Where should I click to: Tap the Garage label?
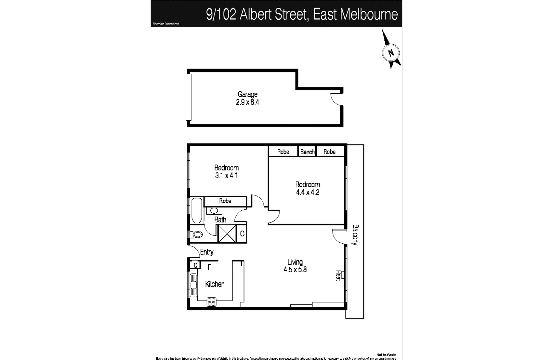point(247,94)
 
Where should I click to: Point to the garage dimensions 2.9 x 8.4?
point(247,102)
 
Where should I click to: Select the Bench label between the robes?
point(307,152)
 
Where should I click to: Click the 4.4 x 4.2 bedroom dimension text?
point(307,192)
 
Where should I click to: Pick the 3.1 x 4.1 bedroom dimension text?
point(226,176)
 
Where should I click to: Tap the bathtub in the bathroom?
point(197,210)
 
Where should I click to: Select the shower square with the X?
point(227,234)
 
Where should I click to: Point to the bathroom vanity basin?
point(214,211)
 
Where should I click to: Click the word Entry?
point(207,252)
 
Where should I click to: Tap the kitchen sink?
point(193,285)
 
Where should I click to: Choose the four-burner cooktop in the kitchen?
point(212,302)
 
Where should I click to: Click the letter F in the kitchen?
point(210,267)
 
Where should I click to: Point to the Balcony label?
point(355,235)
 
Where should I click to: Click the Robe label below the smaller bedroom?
point(225,201)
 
